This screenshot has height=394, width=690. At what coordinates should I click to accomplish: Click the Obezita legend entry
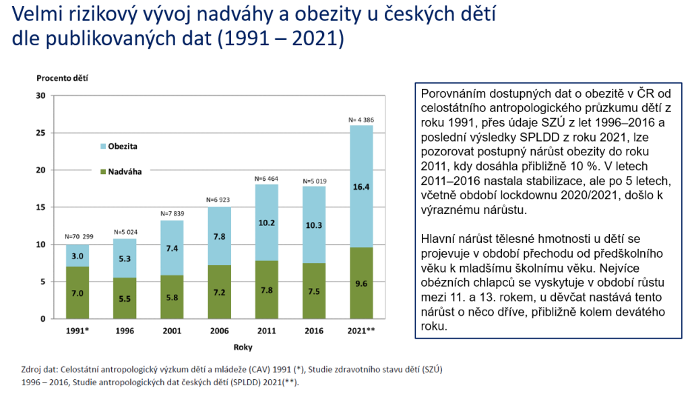[x=125, y=146]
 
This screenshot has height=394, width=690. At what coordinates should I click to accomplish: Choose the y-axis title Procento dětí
[x=62, y=78]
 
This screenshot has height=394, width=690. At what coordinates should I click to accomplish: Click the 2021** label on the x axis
[x=362, y=331]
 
